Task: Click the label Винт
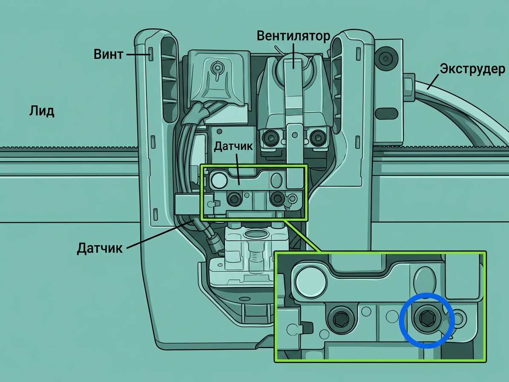pyautogui.click(x=109, y=54)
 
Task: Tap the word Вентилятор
pyautogui.click(x=293, y=36)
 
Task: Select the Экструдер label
pyautogui.click(x=472, y=69)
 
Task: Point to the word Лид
pyautogui.click(x=42, y=111)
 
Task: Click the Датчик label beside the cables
pyautogui.click(x=100, y=248)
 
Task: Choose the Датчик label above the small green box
pyautogui.click(x=233, y=146)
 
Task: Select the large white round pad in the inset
pyautogui.click(x=311, y=281)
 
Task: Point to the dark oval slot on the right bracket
pyautogui.click(x=386, y=113)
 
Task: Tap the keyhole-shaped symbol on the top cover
pyautogui.click(x=216, y=70)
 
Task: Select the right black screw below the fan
pyautogui.click(x=317, y=137)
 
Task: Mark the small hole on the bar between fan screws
pyautogui.click(x=295, y=134)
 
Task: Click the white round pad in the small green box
pyautogui.click(x=219, y=180)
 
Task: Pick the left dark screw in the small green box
pyautogui.click(x=234, y=199)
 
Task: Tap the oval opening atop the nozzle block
pyautogui.click(x=255, y=233)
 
